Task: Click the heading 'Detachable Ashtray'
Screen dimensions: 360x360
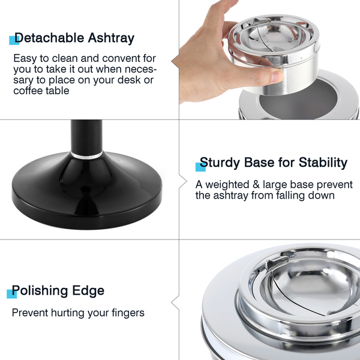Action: click(74, 38)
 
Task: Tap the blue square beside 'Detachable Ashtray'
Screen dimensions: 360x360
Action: click(14, 40)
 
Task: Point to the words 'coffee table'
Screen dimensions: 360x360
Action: click(41, 91)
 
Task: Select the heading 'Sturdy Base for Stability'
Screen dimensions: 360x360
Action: click(274, 163)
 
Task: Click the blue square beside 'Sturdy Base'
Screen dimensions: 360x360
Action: click(200, 167)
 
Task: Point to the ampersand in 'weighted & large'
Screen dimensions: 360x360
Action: click(256, 185)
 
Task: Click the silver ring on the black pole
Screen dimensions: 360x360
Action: click(86, 155)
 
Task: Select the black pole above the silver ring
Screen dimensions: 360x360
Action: click(86, 136)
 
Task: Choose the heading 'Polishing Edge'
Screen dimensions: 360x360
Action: click(58, 291)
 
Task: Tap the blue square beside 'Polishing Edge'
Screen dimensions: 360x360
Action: click(12, 294)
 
